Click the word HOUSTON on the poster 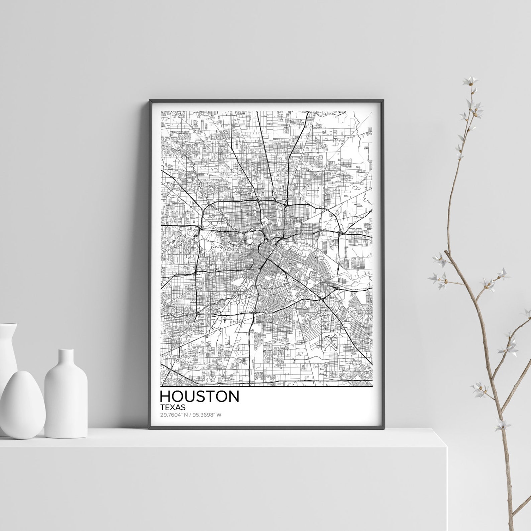[200, 396]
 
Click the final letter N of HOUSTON [233, 396]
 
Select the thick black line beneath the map [267, 387]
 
